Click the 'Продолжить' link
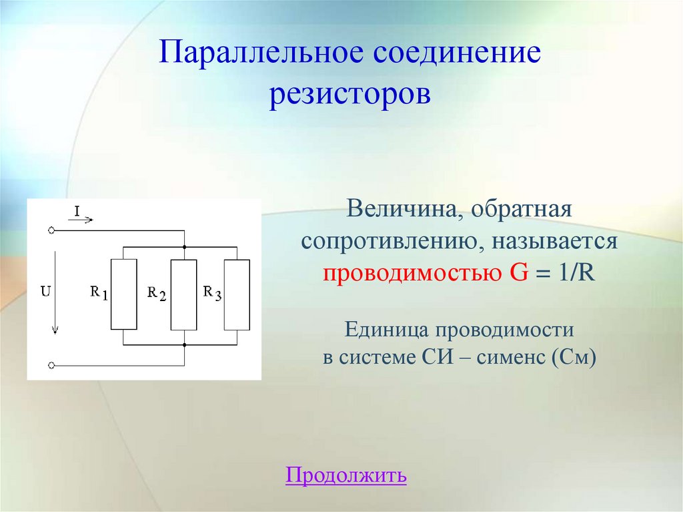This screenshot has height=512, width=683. tap(346, 475)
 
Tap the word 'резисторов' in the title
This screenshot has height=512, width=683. tap(350, 93)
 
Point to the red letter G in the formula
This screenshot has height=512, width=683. tap(516, 274)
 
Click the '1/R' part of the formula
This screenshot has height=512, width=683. tap(571, 274)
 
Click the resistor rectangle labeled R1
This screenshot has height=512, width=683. tap(123, 294)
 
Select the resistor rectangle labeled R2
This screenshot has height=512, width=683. tap(184, 294)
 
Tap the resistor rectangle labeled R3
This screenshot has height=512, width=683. tap(237, 294)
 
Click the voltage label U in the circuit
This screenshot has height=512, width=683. tap(45, 291)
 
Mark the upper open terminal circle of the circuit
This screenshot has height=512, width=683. tap(51, 230)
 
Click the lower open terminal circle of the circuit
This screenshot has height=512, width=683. tap(51, 366)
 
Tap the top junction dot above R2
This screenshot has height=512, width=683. tap(184, 246)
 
